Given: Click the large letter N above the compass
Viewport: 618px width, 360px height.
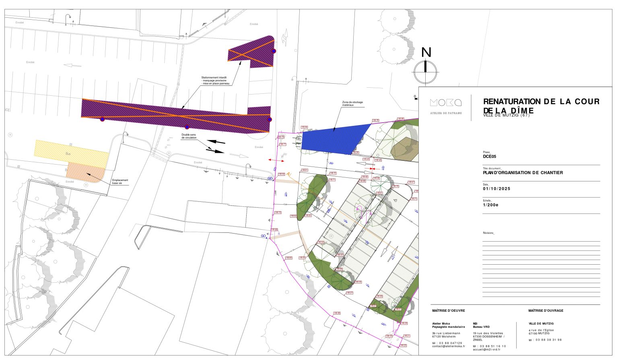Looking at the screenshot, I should click(x=426, y=53).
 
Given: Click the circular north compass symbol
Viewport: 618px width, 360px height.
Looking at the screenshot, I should click(x=425, y=72).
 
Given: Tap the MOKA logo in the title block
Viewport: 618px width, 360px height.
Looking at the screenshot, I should click(x=445, y=103).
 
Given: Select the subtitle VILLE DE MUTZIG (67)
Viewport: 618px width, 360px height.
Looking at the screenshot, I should click(x=506, y=116).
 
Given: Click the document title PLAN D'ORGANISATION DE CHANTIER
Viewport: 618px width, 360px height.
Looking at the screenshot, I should click(x=523, y=173).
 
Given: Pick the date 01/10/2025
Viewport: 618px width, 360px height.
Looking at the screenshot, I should click(x=496, y=189).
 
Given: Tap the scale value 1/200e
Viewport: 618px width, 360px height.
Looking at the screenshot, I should click(x=491, y=205).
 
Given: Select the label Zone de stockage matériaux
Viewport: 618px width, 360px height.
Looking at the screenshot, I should click(x=352, y=104).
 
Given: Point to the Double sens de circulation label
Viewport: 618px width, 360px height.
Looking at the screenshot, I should click(x=189, y=136).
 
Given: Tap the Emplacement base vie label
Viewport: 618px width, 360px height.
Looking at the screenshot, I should click(x=120, y=181).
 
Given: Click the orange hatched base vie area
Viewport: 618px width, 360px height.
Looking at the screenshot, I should click(x=85, y=172).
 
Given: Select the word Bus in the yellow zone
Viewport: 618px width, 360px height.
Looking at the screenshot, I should click(x=68, y=154).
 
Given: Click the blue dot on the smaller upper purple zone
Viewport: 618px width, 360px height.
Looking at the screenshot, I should click(x=274, y=51).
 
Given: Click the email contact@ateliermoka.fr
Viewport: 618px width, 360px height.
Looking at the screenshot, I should click(x=448, y=346).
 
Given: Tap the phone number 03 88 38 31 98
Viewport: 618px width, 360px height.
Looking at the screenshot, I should click(x=548, y=340).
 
